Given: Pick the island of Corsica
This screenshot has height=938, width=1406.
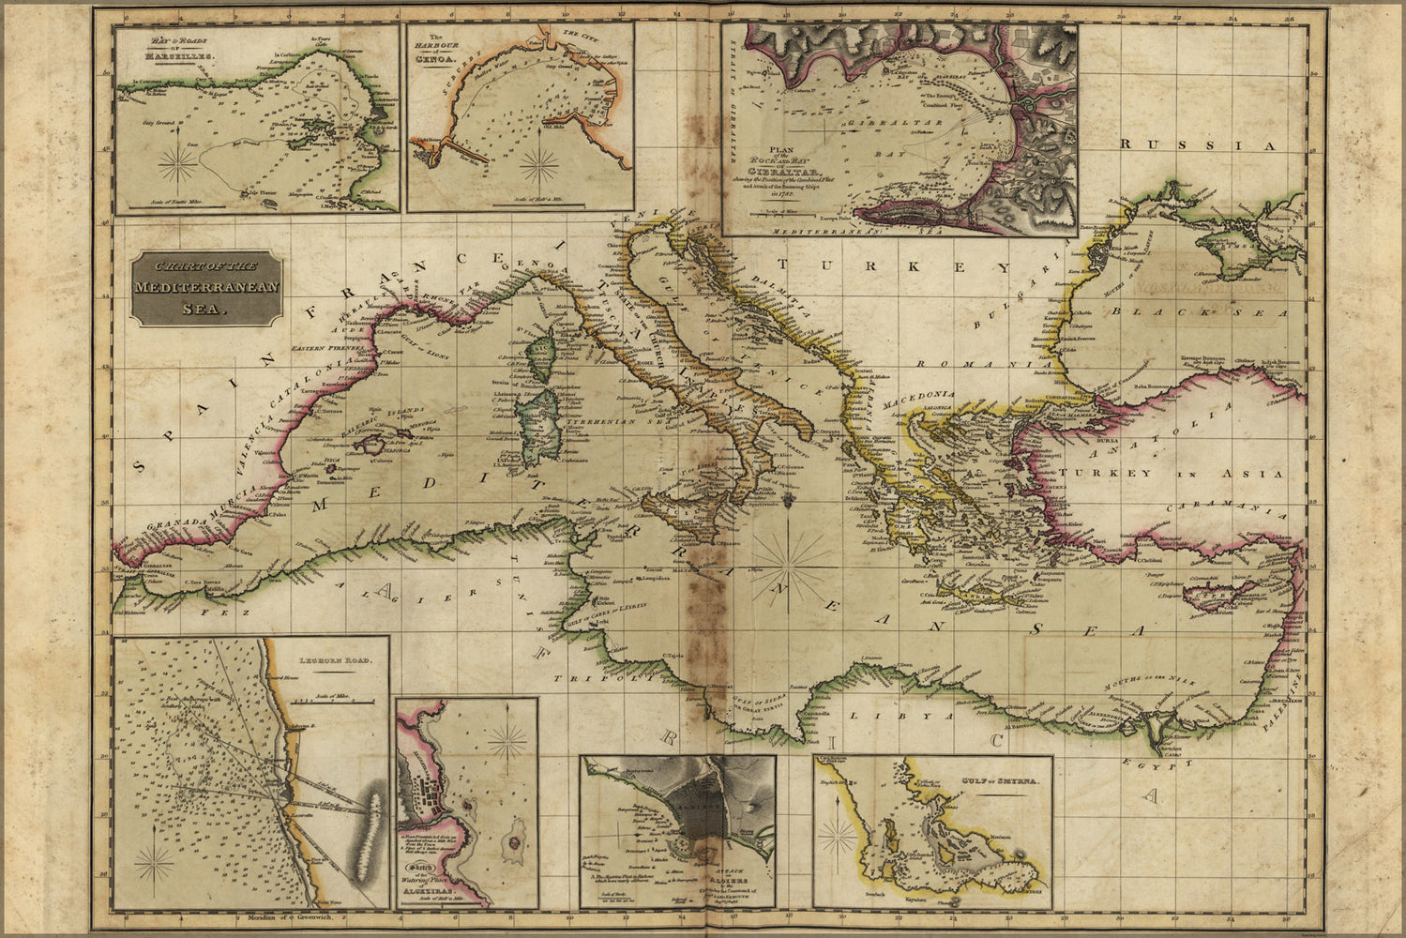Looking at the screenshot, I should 541,353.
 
